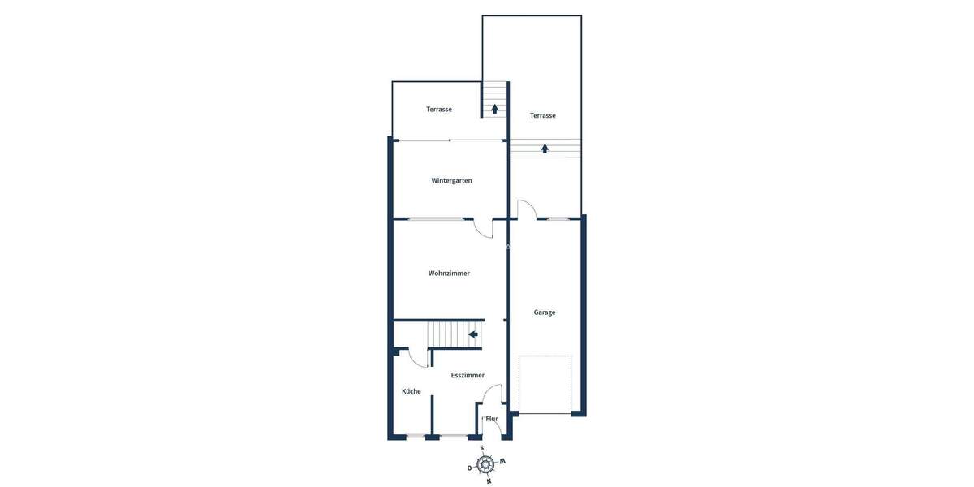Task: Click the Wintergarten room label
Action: (451, 180)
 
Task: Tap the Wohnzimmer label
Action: (449, 274)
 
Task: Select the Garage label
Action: (545, 312)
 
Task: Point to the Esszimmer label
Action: (468, 375)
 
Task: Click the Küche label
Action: (412, 391)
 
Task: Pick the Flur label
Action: (492, 419)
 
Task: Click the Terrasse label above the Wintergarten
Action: (439, 110)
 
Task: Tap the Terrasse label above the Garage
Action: (543, 115)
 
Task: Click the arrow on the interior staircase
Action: (472, 334)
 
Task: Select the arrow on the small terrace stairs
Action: (494, 109)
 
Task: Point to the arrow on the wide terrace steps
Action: (545, 149)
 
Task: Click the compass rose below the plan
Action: (485, 464)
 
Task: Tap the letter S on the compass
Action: (482, 448)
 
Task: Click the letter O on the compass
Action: (469, 468)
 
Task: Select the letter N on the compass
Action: (489, 481)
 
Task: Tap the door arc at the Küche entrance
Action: (418, 357)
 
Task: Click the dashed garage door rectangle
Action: (545, 384)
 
